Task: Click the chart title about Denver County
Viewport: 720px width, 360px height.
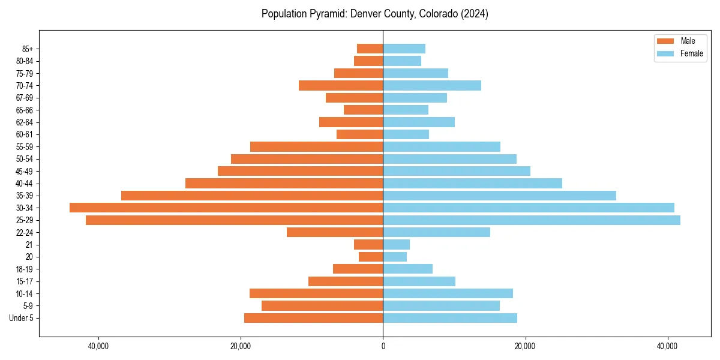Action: [374, 14]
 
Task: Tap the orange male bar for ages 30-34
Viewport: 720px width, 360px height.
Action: [226, 208]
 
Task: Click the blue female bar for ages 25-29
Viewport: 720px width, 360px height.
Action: [532, 220]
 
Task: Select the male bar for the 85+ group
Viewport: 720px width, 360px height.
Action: [370, 49]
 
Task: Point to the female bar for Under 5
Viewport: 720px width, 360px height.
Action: [450, 318]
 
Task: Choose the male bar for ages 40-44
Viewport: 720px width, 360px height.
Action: [284, 183]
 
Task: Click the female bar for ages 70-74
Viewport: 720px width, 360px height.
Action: [432, 85]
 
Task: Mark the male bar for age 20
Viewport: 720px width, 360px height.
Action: [371, 257]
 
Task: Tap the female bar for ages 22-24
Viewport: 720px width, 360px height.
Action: [436, 232]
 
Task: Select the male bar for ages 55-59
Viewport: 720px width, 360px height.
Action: [316, 146]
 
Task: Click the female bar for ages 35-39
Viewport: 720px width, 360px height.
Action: [499, 196]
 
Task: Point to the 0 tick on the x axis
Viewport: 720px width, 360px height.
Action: [383, 346]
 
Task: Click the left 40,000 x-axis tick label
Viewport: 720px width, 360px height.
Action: [98, 346]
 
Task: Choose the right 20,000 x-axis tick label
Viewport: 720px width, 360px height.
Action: [526, 346]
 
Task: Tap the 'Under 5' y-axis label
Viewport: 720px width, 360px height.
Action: [21, 318]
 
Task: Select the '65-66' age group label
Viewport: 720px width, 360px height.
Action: [25, 110]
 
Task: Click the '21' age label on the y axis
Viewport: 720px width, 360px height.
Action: [29, 245]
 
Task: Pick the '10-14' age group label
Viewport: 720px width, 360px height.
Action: [25, 293]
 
